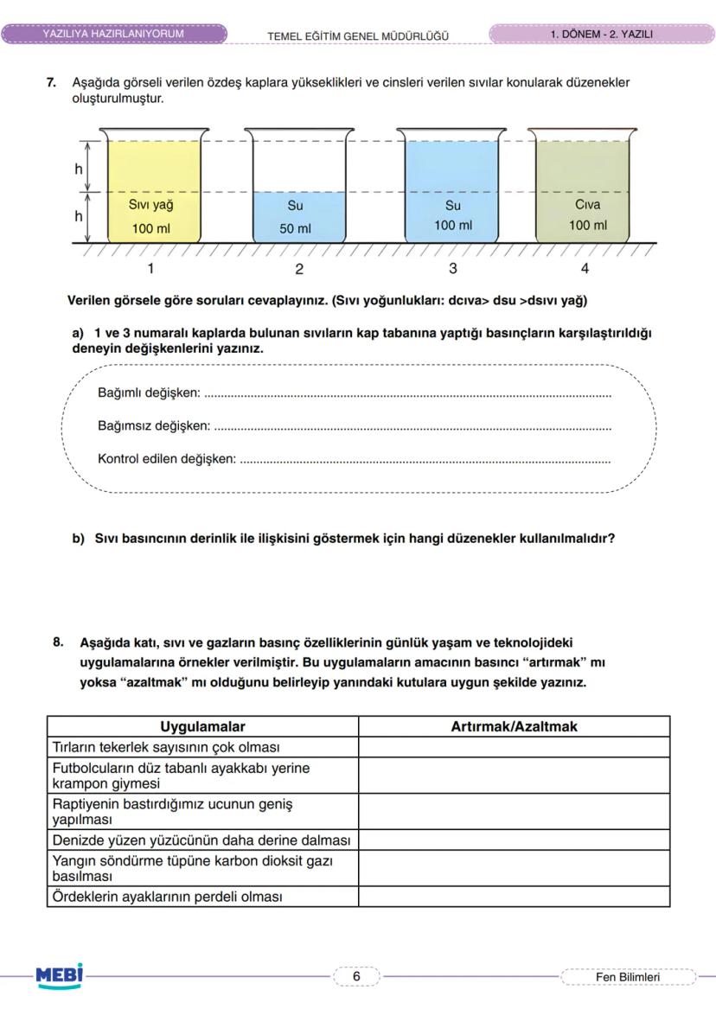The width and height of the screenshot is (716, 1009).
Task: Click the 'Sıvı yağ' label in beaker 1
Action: (x=150, y=206)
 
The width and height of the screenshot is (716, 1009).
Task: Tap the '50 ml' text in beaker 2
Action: (x=295, y=229)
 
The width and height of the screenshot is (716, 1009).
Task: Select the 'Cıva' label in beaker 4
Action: (x=587, y=205)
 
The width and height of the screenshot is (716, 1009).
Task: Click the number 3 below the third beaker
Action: (x=453, y=268)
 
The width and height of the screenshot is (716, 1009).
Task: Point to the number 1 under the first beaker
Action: (x=150, y=268)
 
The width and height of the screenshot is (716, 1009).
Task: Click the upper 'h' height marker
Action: (x=79, y=169)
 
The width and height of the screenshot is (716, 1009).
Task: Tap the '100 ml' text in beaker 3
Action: (x=453, y=226)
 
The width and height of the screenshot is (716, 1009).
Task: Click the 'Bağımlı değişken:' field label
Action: (x=149, y=393)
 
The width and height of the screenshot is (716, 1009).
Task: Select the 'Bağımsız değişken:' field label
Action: (x=154, y=425)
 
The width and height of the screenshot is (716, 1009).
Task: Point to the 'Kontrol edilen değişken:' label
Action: (x=167, y=458)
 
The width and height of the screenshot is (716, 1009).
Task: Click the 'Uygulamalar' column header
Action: (x=202, y=726)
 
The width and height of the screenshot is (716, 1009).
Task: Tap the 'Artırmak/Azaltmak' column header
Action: (x=514, y=726)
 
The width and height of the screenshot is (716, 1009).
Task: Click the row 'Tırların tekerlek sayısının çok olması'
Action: (x=166, y=747)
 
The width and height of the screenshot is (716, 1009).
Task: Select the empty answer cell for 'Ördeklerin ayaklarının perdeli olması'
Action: (x=514, y=897)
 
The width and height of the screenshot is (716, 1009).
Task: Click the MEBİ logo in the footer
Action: (x=60, y=975)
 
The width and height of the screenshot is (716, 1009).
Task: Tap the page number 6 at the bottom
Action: (x=355, y=976)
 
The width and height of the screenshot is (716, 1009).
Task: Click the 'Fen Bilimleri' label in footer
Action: (x=628, y=977)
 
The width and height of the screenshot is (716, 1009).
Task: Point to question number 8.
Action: (x=58, y=642)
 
